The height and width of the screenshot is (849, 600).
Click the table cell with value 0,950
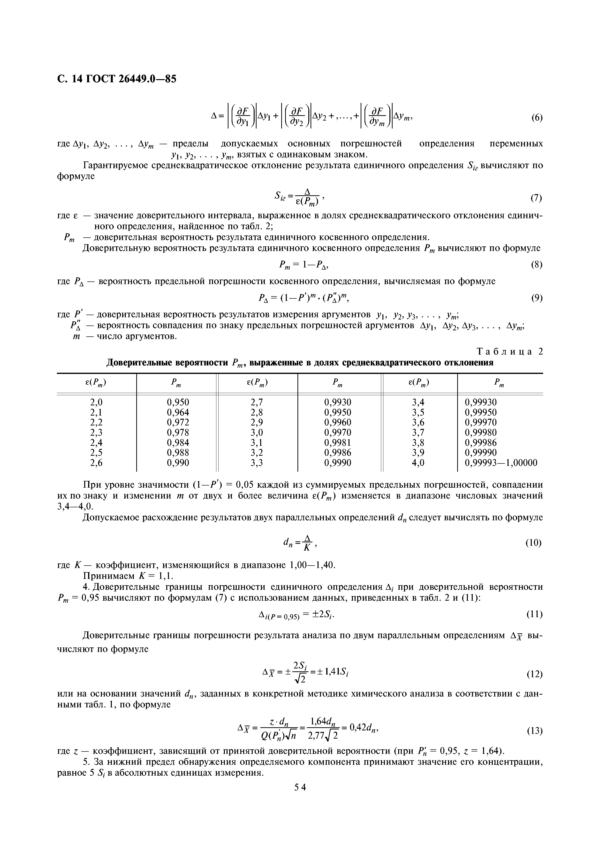point(178,402)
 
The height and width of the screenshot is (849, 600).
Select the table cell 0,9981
point(338,443)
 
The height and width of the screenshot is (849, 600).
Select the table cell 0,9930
point(338,402)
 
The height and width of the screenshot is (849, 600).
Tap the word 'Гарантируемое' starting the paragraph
point(118,165)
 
